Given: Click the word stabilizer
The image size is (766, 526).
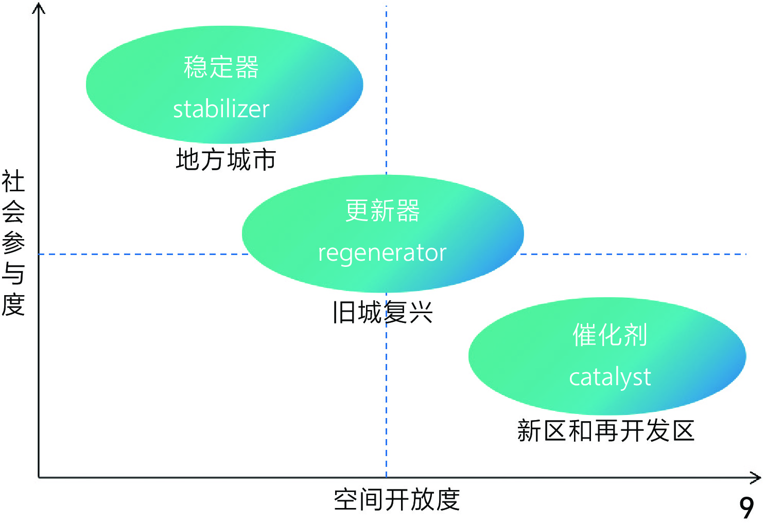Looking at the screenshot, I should pyautogui.click(x=221, y=109).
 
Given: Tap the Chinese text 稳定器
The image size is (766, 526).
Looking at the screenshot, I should pyautogui.click(x=221, y=67).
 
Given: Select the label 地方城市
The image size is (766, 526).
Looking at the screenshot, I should pyautogui.click(x=226, y=159).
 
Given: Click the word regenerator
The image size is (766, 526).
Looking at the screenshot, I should pyautogui.click(x=382, y=253).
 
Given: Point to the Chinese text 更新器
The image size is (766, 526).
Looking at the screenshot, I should pyautogui.click(x=382, y=211).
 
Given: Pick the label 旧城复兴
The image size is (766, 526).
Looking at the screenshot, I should pyautogui.click(x=382, y=312).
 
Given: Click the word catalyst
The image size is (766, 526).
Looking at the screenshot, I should pyautogui.click(x=610, y=377).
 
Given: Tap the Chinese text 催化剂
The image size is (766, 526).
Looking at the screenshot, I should pyautogui.click(x=610, y=335).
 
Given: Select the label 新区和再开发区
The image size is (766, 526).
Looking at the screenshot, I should pyautogui.click(x=606, y=430).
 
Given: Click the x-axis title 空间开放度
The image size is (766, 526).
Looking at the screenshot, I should pyautogui.click(x=396, y=500).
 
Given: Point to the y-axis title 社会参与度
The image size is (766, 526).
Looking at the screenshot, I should pyautogui.click(x=13, y=243).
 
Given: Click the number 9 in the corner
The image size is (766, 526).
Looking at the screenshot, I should pyautogui.click(x=747, y=508).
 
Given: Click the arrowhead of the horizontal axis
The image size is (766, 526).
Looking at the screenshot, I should pyautogui.click(x=757, y=478).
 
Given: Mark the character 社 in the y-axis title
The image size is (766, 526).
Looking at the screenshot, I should pyautogui.click(x=13, y=182).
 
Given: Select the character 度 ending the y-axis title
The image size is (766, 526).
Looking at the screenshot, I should pyautogui.click(x=13, y=304).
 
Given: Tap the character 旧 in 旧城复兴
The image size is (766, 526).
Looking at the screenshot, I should pyautogui.click(x=344, y=312).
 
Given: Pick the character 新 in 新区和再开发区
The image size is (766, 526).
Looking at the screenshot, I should pyautogui.click(x=530, y=430).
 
